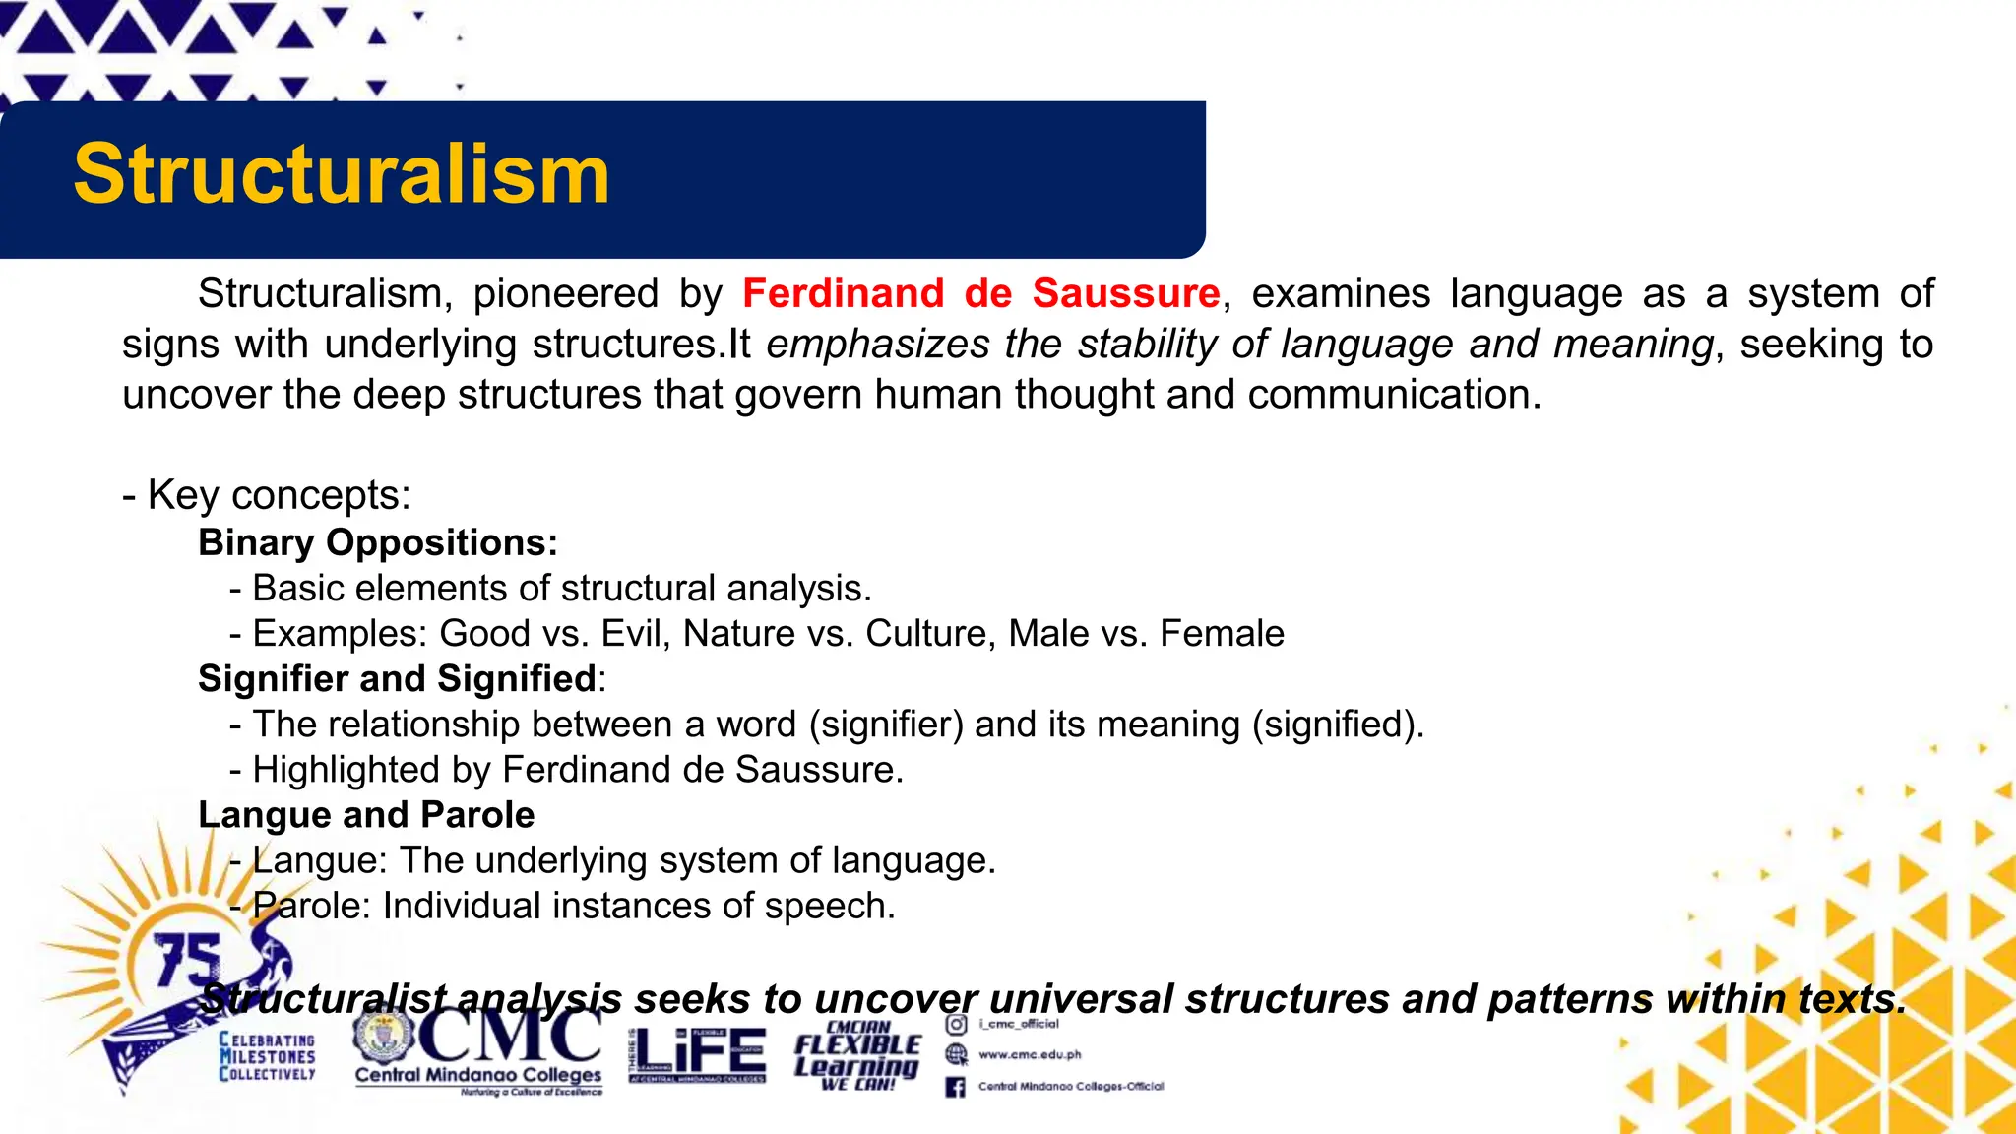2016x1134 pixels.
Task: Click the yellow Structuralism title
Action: pos(342,174)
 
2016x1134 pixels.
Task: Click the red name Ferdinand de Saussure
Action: pos(980,293)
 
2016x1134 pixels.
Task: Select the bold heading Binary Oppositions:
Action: pos(378,542)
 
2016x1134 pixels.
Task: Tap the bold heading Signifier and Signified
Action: pos(398,678)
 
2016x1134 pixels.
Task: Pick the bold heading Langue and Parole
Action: pos(366,814)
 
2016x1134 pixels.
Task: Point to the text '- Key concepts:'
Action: pos(267,494)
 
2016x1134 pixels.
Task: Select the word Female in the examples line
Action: pos(1222,633)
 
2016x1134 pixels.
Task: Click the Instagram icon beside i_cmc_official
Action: pos(956,1024)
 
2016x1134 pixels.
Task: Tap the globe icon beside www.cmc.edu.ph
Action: pos(956,1054)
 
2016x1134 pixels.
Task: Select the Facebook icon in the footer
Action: pos(955,1087)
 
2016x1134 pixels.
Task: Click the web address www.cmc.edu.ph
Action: pos(1030,1054)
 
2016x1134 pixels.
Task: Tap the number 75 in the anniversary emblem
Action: pos(187,959)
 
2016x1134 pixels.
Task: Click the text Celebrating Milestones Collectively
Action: pos(267,1056)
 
